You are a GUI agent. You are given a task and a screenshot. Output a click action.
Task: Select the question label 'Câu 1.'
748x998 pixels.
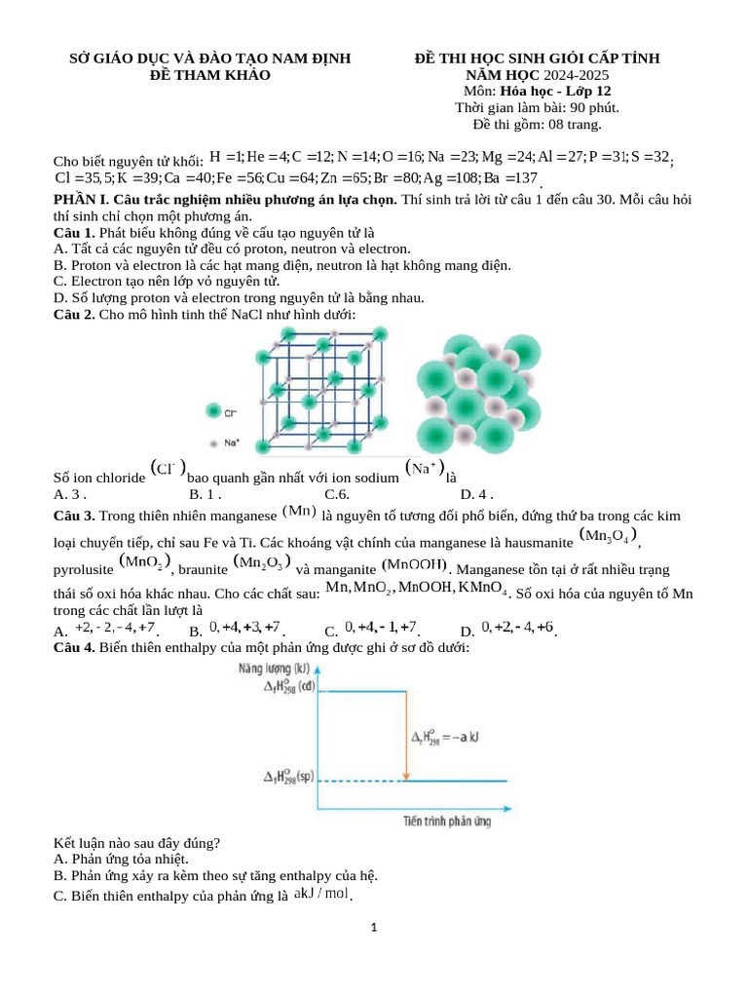pyautogui.click(x=74, y=233)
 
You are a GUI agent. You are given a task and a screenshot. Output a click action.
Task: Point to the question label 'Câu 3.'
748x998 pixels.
pyautogui.click(x=74, y=516)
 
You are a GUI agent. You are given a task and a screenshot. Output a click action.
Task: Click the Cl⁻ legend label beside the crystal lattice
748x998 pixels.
pyautogui.click(x=231, y=413)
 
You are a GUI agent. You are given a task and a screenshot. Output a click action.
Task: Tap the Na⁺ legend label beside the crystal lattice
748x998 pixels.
pyautogui.click(x=232, y=442)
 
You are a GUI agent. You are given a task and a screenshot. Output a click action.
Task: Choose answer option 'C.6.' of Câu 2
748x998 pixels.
pyautogui.click(x=337, y=494)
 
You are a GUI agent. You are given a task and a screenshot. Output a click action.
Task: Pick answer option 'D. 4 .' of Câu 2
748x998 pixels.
pyautogui.click(x=477, y=494)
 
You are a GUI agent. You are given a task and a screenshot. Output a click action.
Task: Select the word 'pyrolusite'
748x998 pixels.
pyautogui.click(x=83, y=568)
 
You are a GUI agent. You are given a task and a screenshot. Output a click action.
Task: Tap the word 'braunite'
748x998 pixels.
pyautogui.click(x=202, y=568)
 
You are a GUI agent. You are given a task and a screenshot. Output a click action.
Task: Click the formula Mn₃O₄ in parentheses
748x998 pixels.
pyautogui.click(x=609, y=536)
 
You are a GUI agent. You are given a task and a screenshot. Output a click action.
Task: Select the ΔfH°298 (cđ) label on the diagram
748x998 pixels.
pyautogui.click(x=288, y=687)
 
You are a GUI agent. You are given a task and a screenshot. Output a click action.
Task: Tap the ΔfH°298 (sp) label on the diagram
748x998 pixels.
pyautogui.click(x=289, y=779)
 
